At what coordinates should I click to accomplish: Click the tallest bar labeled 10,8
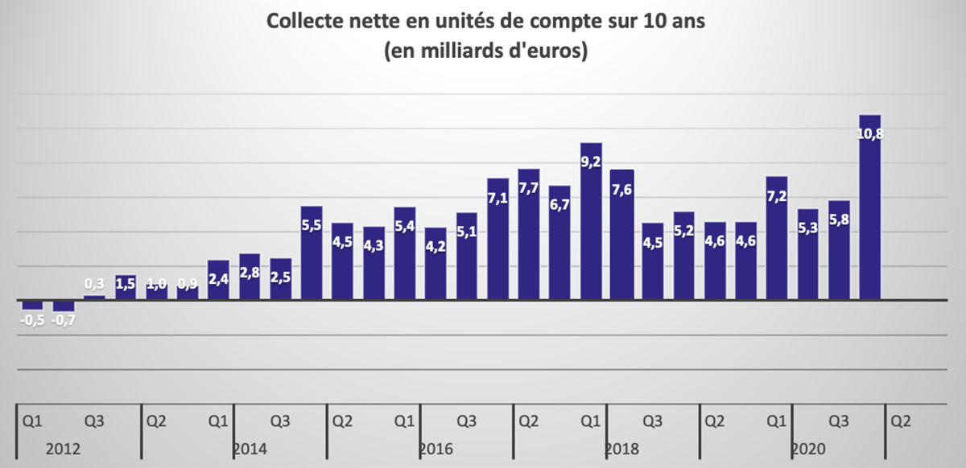click(870, 207)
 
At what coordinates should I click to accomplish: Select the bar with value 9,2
click(591, 221)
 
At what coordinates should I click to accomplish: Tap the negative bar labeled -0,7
click(64, 306)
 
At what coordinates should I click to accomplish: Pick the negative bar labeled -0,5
click(32, 305)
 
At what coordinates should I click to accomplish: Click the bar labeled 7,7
click(529, 235)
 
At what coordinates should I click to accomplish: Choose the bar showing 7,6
click(621, 235)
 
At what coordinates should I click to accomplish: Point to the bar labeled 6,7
click(559, 243)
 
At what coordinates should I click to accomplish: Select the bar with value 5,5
click(312, 253)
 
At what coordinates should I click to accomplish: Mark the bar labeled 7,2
click(777, 238)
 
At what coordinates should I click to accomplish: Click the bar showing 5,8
click(839, 250)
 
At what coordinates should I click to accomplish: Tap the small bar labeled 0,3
click(94, 298)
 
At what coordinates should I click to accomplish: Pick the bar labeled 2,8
click(250, 277)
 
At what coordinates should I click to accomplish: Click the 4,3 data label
click(374, 245)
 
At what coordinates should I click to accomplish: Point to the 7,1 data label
click(497, 198)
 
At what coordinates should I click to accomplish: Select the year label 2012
click(63, 449)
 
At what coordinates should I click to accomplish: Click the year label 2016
click(436, 449)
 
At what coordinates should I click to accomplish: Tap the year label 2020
click(808, 449)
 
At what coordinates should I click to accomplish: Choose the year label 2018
click(621, 449)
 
